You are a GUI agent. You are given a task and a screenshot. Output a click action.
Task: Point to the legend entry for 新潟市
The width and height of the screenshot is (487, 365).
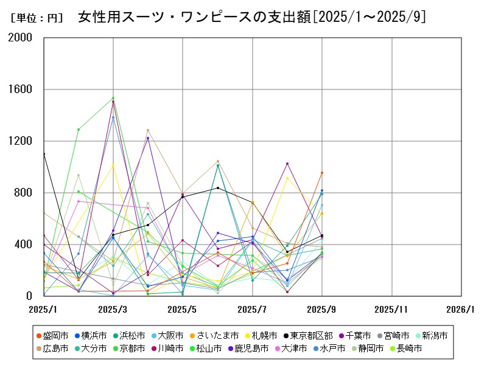tap(431, 335)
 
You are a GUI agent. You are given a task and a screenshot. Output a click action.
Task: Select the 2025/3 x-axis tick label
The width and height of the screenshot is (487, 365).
tap(113, 309)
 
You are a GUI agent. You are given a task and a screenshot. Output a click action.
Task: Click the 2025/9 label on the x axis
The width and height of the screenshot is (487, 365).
tap(322, 309)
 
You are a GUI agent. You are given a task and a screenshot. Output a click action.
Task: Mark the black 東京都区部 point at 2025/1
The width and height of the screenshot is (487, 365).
tap(44, 154)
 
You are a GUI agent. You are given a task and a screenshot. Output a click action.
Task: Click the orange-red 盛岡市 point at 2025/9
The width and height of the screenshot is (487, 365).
tap(322, 173)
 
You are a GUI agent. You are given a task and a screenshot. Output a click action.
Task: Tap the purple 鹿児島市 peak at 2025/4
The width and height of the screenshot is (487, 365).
tap(148, 138)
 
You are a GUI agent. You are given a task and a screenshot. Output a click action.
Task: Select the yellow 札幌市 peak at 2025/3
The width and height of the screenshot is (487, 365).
tap(113, 165)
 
